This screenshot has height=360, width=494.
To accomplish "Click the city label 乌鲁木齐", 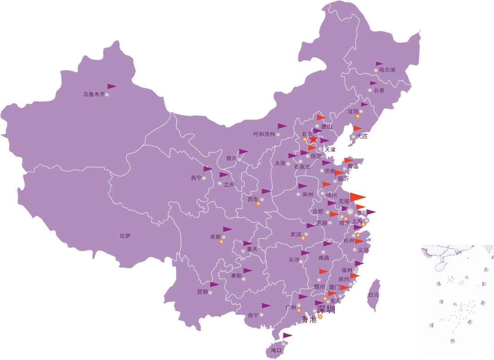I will pos(93,95).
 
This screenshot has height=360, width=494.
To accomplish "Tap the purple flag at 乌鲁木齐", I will pos(111,86).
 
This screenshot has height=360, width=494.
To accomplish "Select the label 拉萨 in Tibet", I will pos(125,236).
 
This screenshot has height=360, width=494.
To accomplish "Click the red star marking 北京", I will pos(313,139).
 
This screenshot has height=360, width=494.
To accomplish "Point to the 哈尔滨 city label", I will pos(387,70).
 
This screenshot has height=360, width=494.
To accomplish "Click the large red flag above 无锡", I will pos(357,197).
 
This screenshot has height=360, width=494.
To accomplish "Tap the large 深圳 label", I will pos(326,310).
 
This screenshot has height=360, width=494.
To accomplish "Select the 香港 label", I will pos(309,320).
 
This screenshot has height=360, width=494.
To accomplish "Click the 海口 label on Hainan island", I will pos(276,350).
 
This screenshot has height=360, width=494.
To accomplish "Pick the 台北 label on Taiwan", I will pos(374,295).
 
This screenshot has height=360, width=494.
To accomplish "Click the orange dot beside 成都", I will pos(221,242).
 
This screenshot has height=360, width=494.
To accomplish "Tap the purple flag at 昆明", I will pos(214,285).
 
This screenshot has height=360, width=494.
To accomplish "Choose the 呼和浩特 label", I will pos(264,134).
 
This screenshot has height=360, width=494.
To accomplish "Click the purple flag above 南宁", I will pos(266,306).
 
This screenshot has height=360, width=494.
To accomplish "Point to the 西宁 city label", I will pos(196,178).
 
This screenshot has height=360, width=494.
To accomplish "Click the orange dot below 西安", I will pos(258,204).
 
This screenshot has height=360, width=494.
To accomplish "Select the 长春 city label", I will pos(379,91).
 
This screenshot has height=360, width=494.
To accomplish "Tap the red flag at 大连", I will pos(358,129).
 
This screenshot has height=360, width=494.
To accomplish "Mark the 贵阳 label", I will pos(236,276).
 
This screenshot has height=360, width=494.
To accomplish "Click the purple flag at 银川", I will pos(243,151).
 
